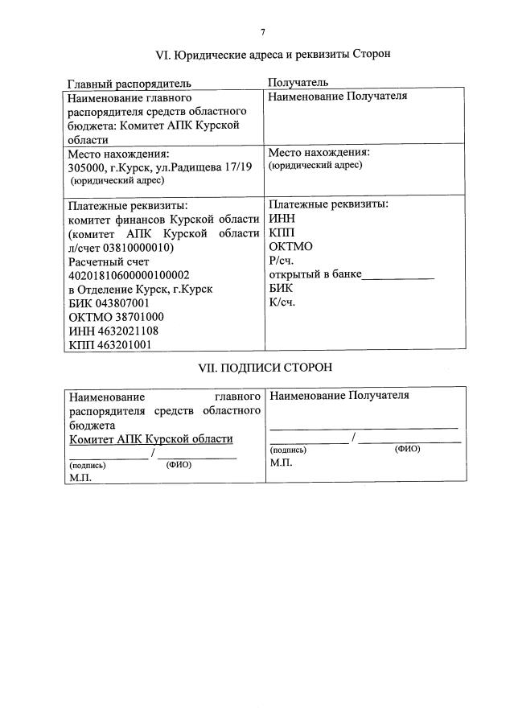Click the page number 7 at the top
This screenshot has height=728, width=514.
tap(262, 32)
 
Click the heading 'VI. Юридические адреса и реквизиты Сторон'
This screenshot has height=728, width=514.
tap(273, 55)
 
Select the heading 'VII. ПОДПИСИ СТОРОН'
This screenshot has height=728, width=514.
tap(265, 366)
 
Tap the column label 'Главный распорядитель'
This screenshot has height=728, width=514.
tap(129, 83)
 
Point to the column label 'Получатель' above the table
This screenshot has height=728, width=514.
tap(298, 83)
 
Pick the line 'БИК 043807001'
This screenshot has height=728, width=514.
tap(109, 303)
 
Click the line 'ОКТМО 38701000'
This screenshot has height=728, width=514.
tap(117, 317)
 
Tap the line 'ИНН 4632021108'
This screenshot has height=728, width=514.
tap(113, 331)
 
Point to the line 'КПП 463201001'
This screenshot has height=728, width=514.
tap(111, 344)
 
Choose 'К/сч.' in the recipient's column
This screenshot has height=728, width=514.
tap(283, 302)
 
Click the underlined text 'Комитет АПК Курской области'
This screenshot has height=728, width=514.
tap(151, 438)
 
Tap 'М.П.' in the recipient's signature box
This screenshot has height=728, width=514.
tap(282, 463)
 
